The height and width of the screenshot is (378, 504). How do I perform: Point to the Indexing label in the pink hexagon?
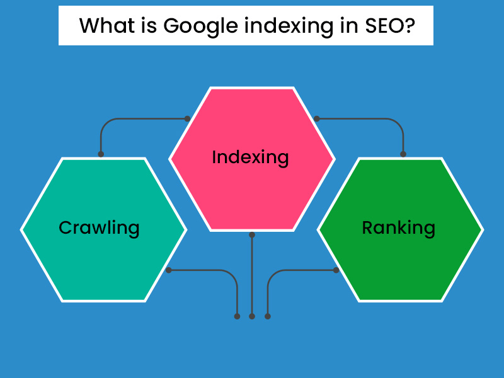point(251,157)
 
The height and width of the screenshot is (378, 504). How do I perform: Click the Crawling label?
point(99,227)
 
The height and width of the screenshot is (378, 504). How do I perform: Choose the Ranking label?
point(398,227)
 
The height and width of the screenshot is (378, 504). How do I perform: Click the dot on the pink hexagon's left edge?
point(187,118)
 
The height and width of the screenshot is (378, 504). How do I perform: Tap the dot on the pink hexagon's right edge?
point(317,118)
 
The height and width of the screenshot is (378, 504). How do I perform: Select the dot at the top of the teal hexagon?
point(101,154)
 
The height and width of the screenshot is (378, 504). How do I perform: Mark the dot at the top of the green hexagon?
point(403,154)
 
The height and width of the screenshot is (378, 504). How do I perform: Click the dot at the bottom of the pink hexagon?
point(252,235)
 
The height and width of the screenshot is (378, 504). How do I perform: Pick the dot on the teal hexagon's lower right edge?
point(168,270)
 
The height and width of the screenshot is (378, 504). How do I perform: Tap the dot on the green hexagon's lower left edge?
point(336,270)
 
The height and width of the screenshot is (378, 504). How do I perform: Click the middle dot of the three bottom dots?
point(252,316)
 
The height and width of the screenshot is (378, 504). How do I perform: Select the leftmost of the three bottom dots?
point(237,316)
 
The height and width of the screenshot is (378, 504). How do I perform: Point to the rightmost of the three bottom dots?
point(268,316)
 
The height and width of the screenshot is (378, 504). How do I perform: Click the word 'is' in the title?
point(149,26)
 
